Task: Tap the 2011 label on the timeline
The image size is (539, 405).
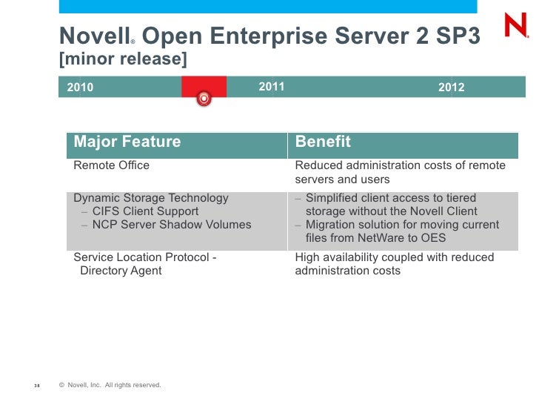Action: (272, 87)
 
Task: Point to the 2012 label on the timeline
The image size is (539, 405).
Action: (451, 88)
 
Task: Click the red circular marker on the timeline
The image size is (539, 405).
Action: (204, 98)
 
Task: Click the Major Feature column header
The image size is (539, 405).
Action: (127, 142)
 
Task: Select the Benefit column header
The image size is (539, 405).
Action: (323, 142)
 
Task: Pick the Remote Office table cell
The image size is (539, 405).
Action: (111, 165)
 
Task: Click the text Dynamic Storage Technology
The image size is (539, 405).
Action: (151, 198)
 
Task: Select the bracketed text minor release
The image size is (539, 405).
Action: (123, 59)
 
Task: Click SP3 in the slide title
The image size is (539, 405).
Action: (459, 35)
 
